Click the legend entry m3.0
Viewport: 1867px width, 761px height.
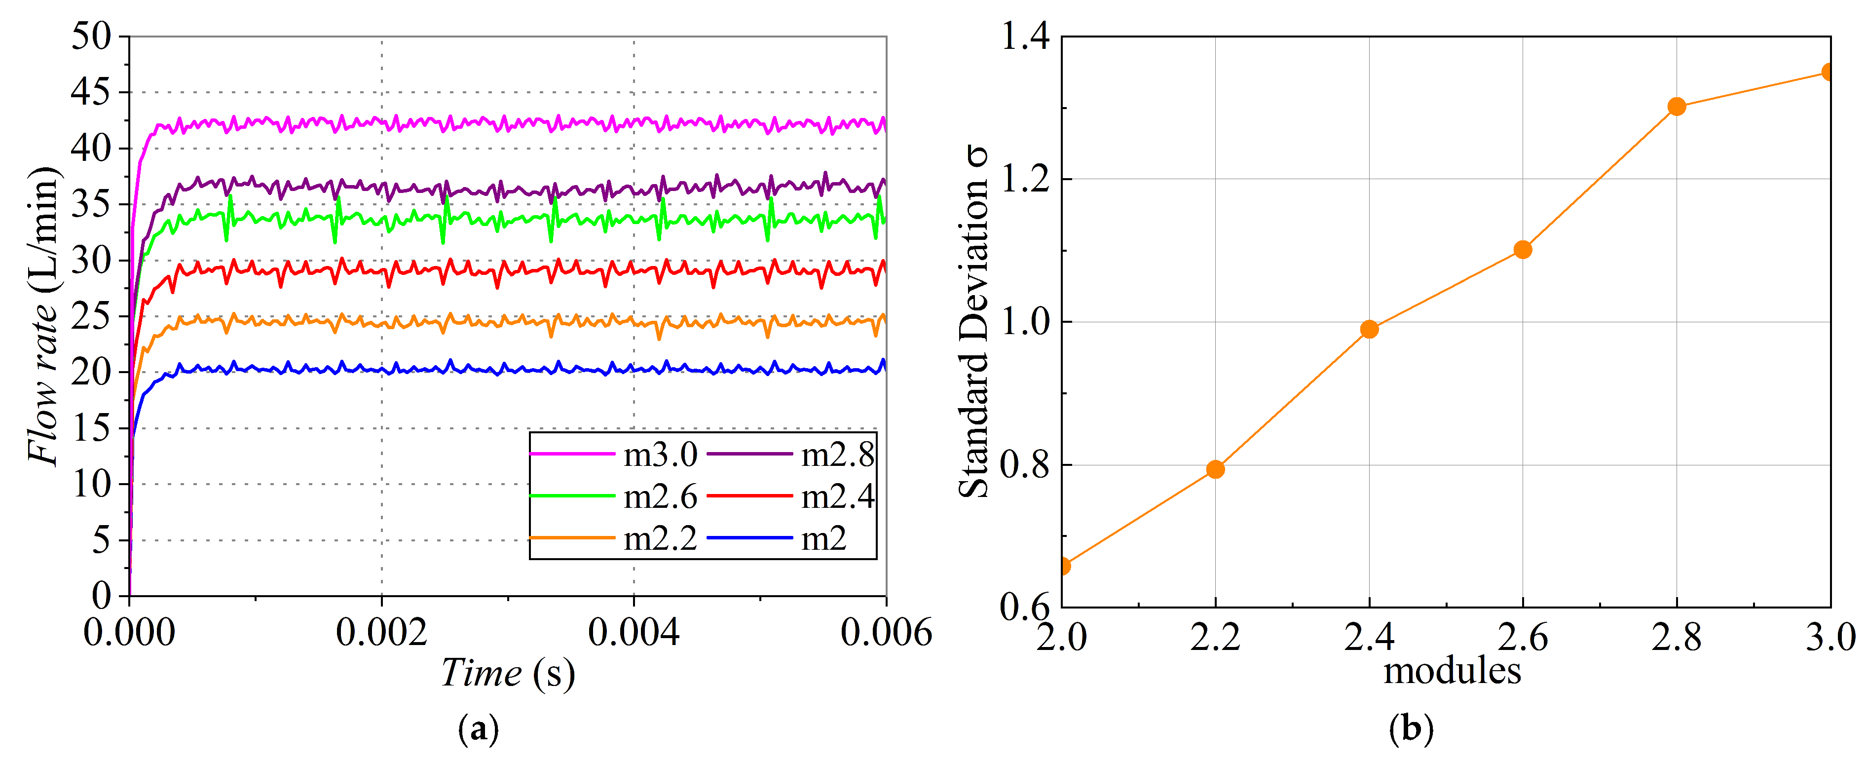coord(660,455)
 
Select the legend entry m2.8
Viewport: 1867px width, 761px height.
coord(837,455)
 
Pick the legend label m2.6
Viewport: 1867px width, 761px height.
coord(660,497)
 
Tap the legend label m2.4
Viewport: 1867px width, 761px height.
coord(837,497)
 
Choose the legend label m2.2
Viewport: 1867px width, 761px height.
coord(660,538)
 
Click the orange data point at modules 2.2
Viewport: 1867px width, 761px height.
coord(1215,469)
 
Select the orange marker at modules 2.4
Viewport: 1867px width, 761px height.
coord(1369,329)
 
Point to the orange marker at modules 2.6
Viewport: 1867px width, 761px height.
coord(1523,249)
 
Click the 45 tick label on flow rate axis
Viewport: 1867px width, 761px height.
coord(91,92)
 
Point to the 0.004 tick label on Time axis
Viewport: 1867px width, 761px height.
coord(634,633)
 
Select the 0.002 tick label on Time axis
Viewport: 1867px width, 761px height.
coord(381,633)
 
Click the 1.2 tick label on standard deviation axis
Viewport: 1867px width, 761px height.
coord(1024,178)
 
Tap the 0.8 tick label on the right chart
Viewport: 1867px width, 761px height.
coord(1024,464)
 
